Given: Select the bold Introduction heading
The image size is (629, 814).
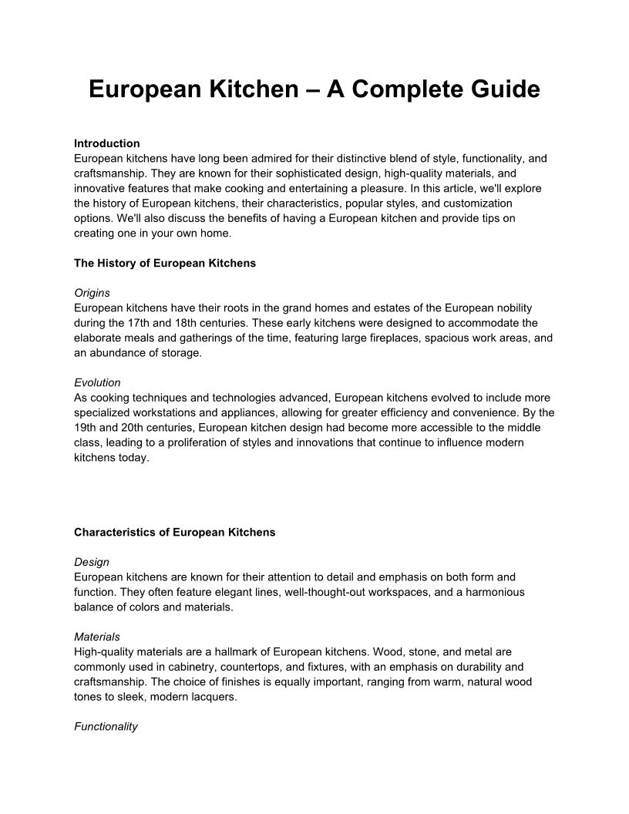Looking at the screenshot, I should (107, 143).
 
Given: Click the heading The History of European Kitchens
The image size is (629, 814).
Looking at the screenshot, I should (165, 263).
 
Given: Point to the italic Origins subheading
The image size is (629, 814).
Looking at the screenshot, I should (92, 293).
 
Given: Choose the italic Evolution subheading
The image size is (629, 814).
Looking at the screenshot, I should (97, 382).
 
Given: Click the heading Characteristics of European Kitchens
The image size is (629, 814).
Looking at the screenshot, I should (174, 532).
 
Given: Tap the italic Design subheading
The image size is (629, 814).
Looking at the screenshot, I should (92, 562).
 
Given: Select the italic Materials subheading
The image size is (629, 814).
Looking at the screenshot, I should (97, 637).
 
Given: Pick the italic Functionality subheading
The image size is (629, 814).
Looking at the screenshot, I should (106, 726).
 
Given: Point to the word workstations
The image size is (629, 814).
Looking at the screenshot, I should (168, 412).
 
